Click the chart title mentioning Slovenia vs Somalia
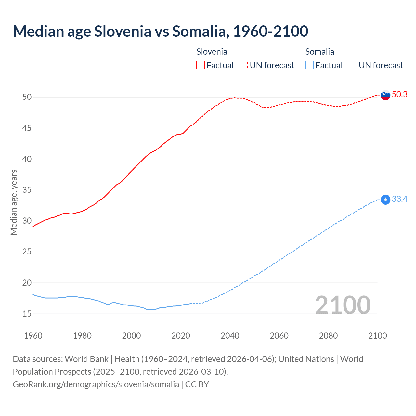[x=161, y=31]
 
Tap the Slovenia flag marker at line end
[x=385, y=95]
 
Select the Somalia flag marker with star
[x=385, y=200]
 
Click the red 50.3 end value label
[x=399, y=94]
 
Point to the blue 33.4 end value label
[x=399, y=199]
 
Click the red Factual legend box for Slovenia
[x=201, y=65]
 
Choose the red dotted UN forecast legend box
[x=244, y=65]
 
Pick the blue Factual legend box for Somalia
[x=310, y=65]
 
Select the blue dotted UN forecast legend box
[x=353, y=65]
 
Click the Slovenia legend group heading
[x=212, y=52]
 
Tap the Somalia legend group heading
[x=319, y=52]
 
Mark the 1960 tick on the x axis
[x=33, y=336]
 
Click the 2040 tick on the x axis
[x=230, y=336]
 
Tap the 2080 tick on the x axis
[x=328, y=336]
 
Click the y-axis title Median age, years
[x=14, y=202]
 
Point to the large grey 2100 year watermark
[x=343, y=305]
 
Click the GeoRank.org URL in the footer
[x=96, y=384]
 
